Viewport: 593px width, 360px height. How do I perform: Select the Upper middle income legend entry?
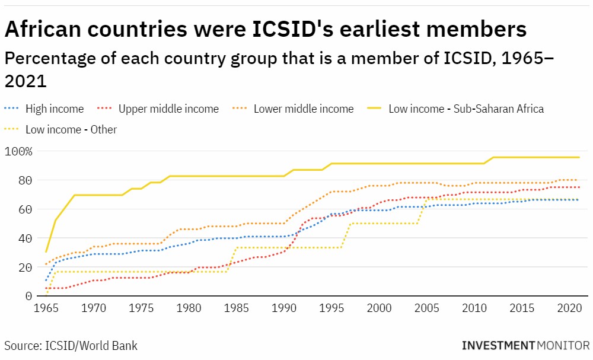(168, 109)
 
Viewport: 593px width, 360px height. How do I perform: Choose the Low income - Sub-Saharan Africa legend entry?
(466, 109)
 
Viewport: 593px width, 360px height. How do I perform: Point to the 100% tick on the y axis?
(18, 151)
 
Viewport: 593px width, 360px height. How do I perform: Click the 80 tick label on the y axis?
(25, 180)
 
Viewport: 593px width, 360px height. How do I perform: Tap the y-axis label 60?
(25, 209)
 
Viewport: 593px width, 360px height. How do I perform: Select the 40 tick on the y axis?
(25, 238)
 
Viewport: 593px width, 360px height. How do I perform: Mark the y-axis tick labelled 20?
(25, 267)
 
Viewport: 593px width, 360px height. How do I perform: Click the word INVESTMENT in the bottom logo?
(499, 345)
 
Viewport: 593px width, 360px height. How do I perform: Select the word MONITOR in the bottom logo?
(564, 345)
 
